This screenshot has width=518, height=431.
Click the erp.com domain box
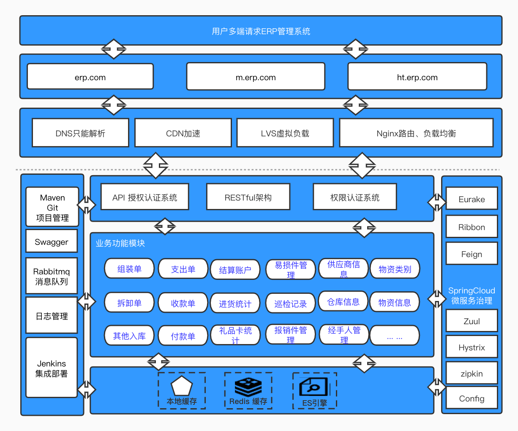tap(90, 77)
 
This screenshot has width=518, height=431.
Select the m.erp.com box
tap(256, 77)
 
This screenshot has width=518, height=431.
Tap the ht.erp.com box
tap(417, 77)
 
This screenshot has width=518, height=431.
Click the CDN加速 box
tap(183, 133)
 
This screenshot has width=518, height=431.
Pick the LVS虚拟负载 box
tap(285, 133)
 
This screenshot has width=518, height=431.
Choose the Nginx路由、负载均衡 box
tap(416, 133)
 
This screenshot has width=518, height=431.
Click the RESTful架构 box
tap(248, 197)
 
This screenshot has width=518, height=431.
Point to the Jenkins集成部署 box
tap(52, 368)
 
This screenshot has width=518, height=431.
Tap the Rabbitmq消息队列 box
tap(52, 276)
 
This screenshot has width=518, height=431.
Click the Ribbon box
tap(472, 227)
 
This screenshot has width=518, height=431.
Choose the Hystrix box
tap(472, 347)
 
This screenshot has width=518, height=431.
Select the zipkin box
tap(472, 373)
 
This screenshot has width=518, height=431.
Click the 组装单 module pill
tap(129, 268)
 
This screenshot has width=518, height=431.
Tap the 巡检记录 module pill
tap(290, 304)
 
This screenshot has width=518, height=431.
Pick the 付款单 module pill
tap(183, 336)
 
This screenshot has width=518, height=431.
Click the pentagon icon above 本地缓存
tap(182, 386)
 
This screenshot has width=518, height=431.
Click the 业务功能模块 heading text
tap(120, 243)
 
